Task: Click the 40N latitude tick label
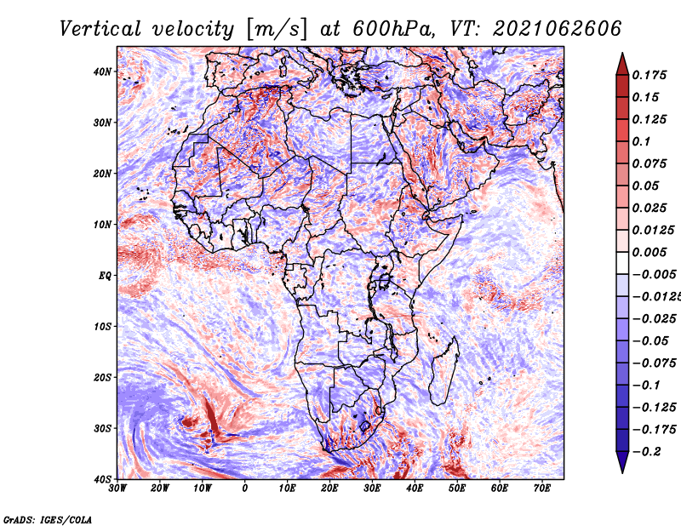click(102, 71)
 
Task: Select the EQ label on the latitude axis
click(105, 276)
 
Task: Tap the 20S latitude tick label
click(102, 377)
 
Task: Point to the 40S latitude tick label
click(102, 479)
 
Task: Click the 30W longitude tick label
click(117, 489)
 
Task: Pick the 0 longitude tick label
click(245, 489)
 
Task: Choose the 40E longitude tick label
click(415, 489)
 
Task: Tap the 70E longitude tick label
click(542, 489)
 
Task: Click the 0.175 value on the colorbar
click(650, 75)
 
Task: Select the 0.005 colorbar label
click(650, 252)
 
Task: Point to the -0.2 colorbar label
click(646, 451)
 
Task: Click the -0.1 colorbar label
click(646, 385)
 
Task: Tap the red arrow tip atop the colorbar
click(622, 54)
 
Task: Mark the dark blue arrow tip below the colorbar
click(622, 472)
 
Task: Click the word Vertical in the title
click(100, 29)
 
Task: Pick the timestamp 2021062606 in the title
click(557, 29)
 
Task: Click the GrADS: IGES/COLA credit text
click(48, 519)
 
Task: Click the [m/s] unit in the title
click(276, 30)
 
